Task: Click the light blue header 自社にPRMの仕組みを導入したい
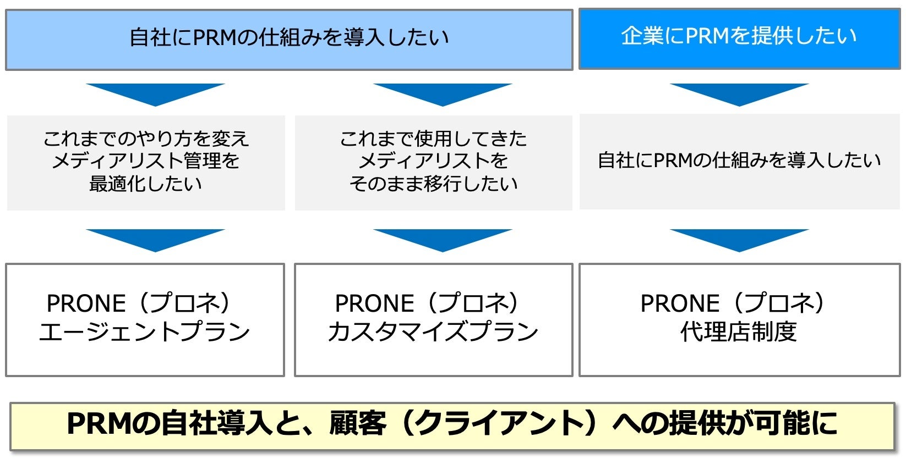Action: (289, 39)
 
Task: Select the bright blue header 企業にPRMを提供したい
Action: (739, 38)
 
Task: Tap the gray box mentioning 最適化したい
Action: (146, 162)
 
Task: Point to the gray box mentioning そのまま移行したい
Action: (433, 162)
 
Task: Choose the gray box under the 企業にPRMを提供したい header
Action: (739, 161)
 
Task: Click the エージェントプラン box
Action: (145, 320)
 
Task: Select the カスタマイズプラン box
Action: (433, 320)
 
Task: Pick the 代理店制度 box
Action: (739, 320)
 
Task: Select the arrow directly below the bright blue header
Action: (739, 94)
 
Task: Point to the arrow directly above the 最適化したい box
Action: (155, 94)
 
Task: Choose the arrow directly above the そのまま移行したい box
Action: (443, 94)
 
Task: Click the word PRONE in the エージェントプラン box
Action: (86, 303)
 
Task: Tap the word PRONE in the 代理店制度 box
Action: (680, 303)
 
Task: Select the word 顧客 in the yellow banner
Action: (358, 424)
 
